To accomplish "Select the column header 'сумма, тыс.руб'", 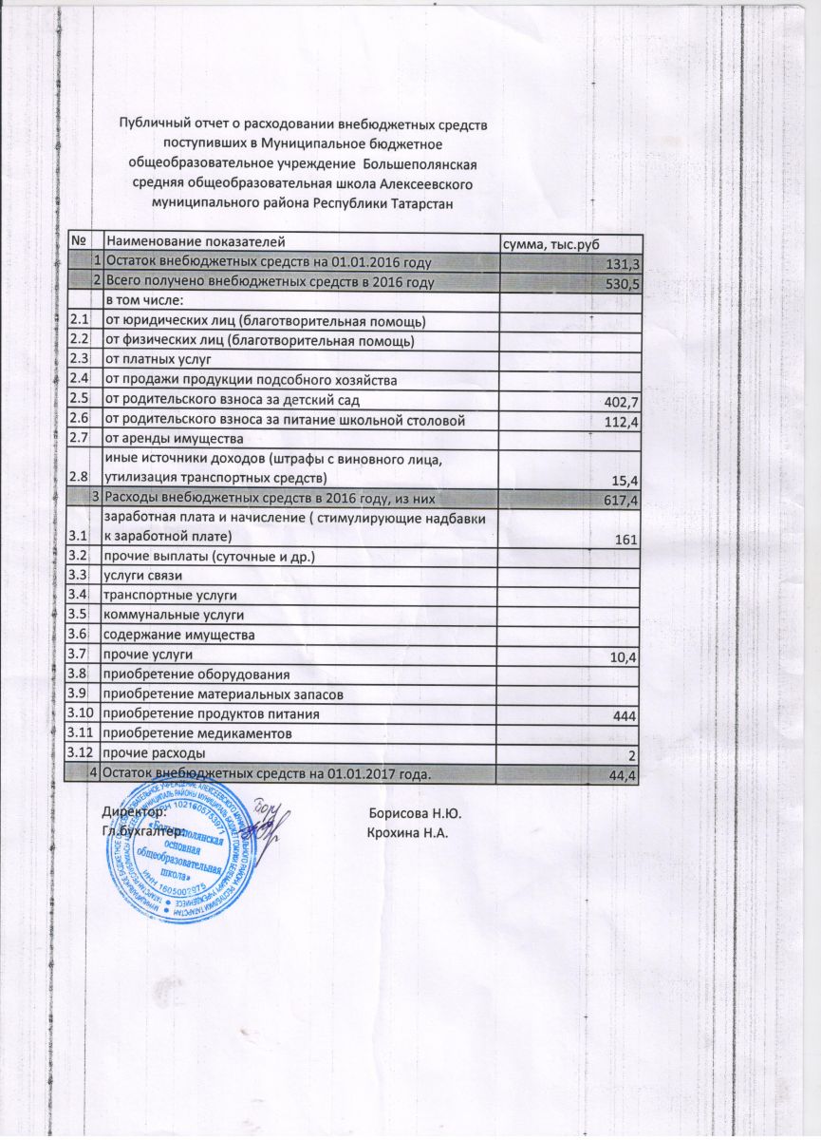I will point(553,244).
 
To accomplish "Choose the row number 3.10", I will point(82,712).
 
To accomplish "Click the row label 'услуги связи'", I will point(143,576).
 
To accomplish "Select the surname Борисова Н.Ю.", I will point(415,813).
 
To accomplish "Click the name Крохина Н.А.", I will point(408,833).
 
